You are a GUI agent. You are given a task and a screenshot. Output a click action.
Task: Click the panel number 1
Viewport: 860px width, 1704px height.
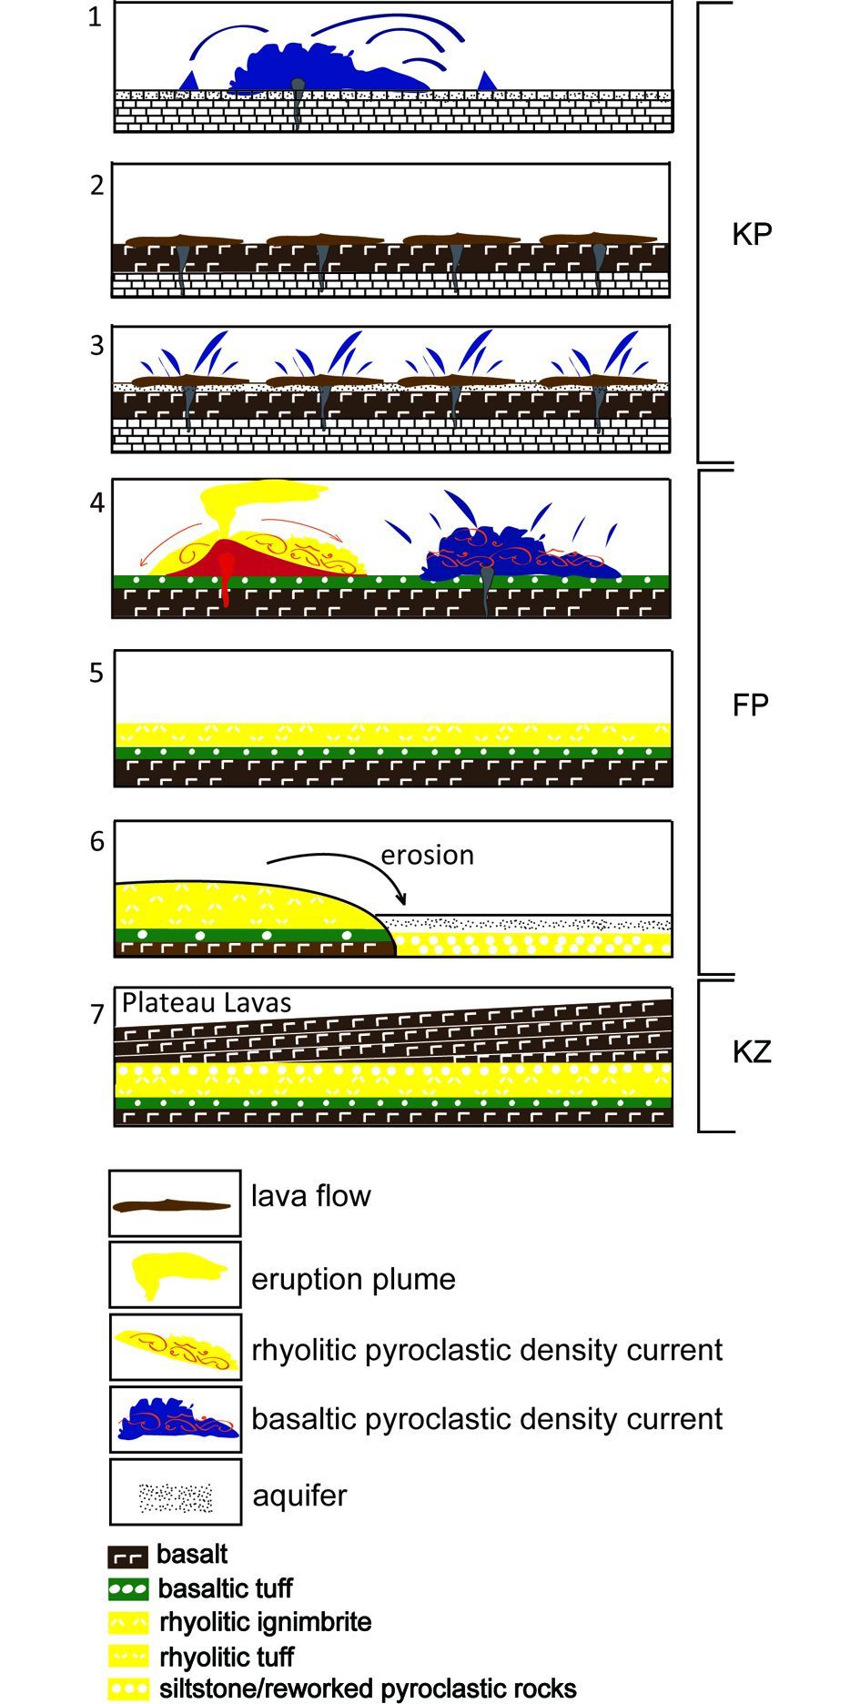pyautogui.click(x=95, y=16)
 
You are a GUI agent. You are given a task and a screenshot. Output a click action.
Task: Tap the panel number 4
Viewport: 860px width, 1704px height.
pyautogui.click(x=97, y=502)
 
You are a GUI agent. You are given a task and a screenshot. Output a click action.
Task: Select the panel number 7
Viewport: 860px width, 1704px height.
pyautogui.click(x=97, y=1013)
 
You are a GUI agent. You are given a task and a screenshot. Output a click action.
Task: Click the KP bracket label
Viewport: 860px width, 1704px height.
pyautogui.click(x=752, y=234)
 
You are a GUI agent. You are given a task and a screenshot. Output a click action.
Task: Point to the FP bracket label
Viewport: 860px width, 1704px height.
pyautogui.click(x=751, y=705)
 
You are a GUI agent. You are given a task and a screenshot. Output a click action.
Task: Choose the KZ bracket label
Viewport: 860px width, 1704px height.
pyautogui.click(x=752, y=1052)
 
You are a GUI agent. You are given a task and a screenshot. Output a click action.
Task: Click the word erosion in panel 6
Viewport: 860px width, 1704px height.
pyautogui.click(x=427, y=856)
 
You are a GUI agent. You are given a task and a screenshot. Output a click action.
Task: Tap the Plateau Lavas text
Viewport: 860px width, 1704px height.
pyautogui.click(x=207, y=1003)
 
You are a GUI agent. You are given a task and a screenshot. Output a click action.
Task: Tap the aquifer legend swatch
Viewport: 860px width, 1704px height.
pyautogui.click(x=175, y=1496)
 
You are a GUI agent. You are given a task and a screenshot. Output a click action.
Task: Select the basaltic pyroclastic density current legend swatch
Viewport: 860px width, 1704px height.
pyautogui.click(x=175, y=1419)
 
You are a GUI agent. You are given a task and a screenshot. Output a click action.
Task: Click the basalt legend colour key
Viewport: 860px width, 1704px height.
pyautogui.click(x=127, y=1557)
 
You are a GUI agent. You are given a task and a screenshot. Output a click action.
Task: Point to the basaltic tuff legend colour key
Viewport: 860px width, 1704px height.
pyautogui.click(x=127, y=1590)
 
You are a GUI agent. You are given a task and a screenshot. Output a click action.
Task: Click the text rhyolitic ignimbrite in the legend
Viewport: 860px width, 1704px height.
pyautogui.click(x=265, y=1622)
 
